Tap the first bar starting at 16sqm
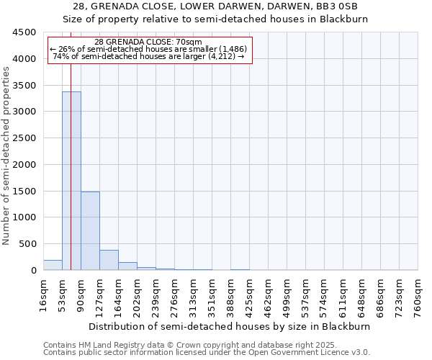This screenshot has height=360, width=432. coord(53,265)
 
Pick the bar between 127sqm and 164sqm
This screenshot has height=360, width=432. coord(109,260)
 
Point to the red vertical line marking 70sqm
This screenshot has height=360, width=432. coord(71,144)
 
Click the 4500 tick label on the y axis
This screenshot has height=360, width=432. coord(24,32)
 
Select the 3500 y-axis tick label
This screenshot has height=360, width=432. coord(24,85)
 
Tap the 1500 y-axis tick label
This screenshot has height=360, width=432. coord(24,191)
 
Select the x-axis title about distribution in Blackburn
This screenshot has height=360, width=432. coord(230,326)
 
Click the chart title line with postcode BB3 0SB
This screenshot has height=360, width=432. coord(216,6)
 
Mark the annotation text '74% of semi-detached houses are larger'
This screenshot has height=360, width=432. coord(149,56)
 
